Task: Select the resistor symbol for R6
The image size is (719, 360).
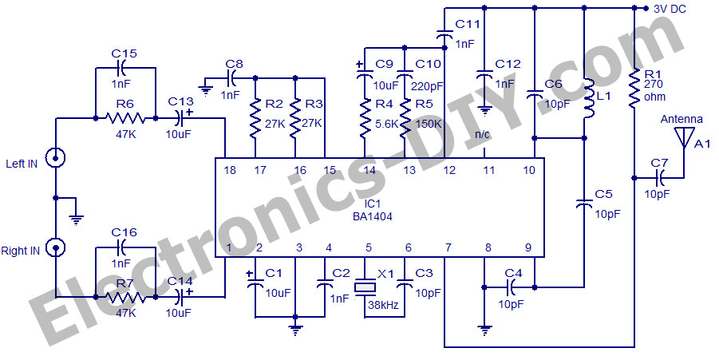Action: coord(125,118)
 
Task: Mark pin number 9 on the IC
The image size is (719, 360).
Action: coord(527,247)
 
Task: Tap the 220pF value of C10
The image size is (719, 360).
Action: coord(429,85)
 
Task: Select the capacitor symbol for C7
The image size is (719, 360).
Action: coord(660,176)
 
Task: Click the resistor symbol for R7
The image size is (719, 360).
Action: coord(125,297)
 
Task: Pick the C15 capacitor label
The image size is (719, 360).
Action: coord(125,53)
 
